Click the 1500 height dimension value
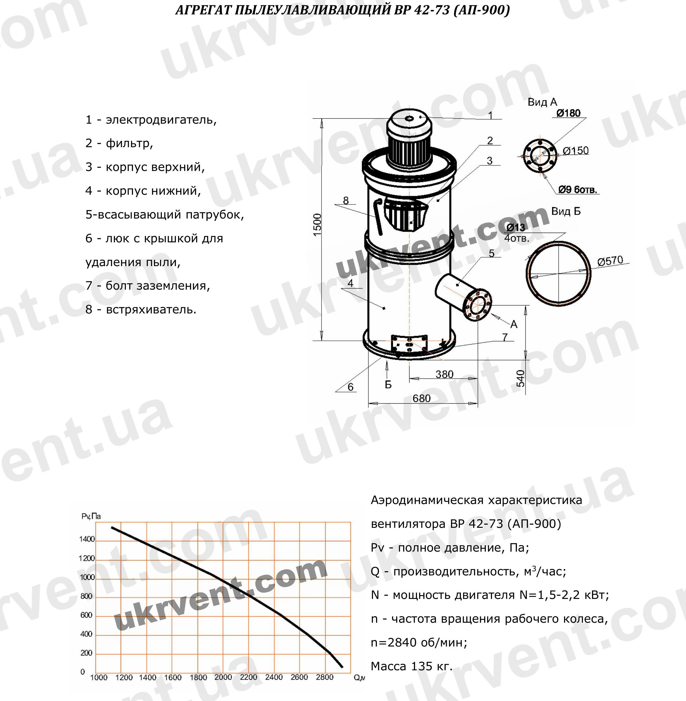[317, 225]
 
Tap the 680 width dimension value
[422, 398]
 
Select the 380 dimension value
[444, 374]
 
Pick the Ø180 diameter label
[568, 113]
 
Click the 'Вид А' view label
[542, 102]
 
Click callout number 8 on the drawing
[346, 200]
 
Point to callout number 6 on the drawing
[351, 387]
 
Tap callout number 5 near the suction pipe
[491, 253]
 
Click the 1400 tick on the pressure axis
[87, 539]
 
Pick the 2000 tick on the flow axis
[223, 677]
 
